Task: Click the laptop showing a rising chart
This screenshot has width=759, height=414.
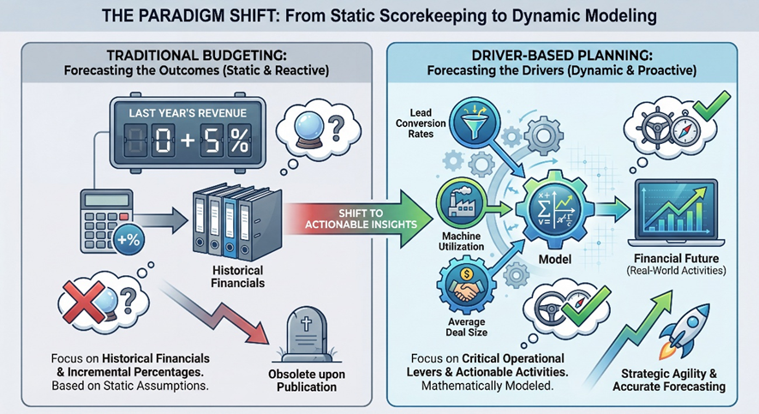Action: point(674,215)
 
